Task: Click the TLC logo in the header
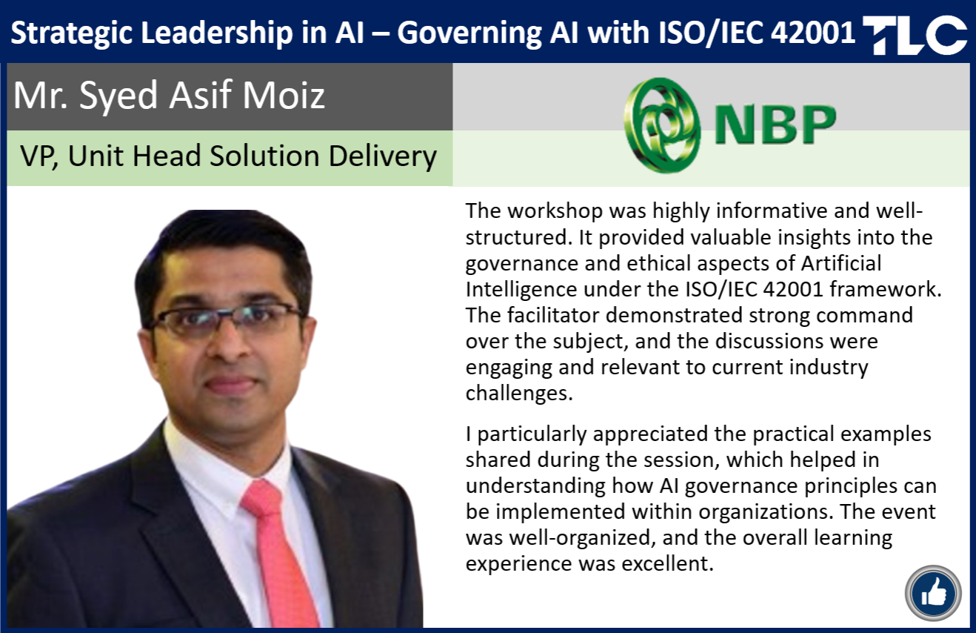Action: [x=915, y=35]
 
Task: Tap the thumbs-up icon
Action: [x=933, y=593]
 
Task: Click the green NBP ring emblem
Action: [x=662, y=125]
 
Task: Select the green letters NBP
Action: [x=775, y=124]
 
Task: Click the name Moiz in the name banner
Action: [x=284, y=95]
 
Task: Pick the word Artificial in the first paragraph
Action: [x=841, y=263]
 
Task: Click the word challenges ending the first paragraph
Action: [x=519, y=394]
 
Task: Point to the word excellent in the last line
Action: [x=667, y=563]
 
